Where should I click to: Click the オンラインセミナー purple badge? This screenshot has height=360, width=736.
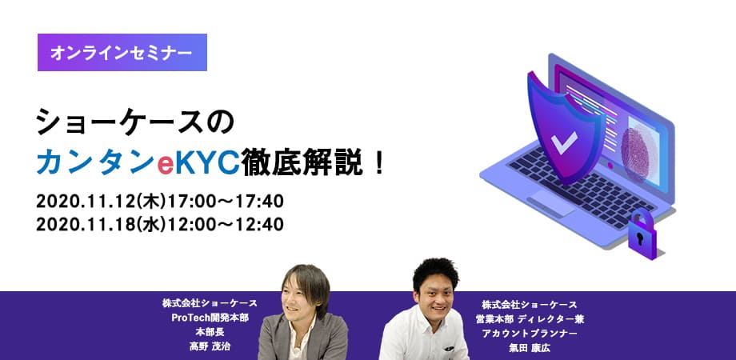click(122, 52)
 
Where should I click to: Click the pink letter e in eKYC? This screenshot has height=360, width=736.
click(166, 164)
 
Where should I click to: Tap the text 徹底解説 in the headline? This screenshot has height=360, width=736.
click(302, 163)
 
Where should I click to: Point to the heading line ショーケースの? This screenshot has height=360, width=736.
click(135, 122)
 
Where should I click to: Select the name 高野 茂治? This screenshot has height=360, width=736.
click(210, 347)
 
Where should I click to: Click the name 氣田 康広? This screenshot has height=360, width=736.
click(530, 348)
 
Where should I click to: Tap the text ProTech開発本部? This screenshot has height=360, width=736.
click(210, 318)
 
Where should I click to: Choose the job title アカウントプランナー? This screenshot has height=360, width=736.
click(530, 334)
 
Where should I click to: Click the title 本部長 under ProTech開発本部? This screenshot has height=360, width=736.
click(210, 332)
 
